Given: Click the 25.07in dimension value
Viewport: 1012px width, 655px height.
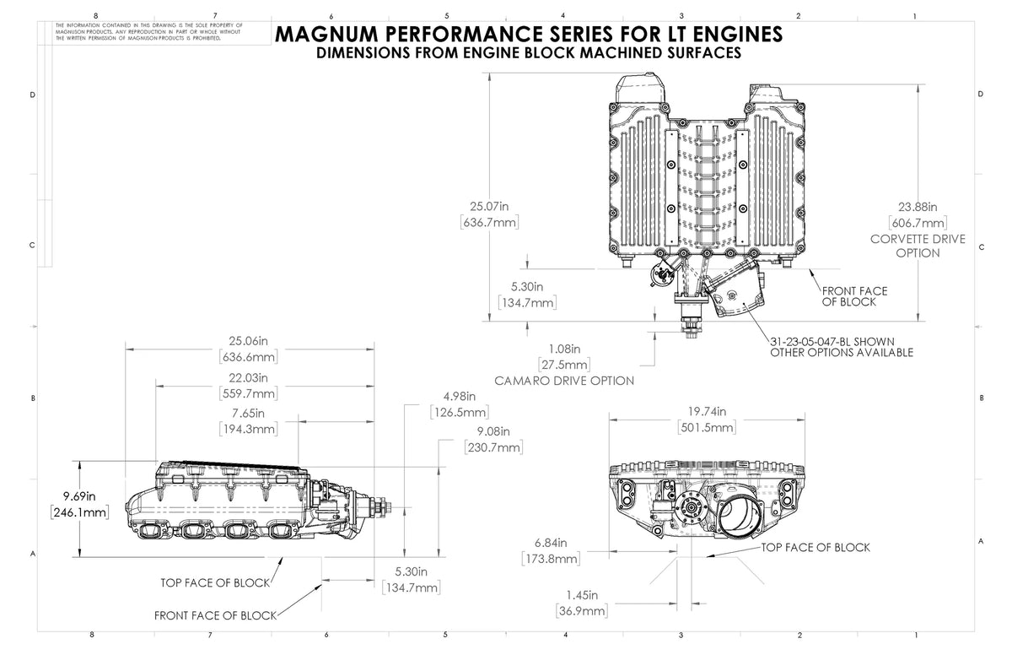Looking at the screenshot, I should pyautogui.click(x=489, y=205).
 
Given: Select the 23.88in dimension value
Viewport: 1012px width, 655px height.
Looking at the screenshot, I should pyautogui.click(x=918, y=205).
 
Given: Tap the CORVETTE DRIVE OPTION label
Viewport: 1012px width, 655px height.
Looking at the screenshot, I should pyautogui.click(x=918, y=246).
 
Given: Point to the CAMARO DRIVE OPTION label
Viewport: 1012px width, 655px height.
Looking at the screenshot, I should pyautogui.click(x=564, y=381).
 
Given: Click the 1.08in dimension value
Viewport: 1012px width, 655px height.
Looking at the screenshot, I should pyautogui.click(x=564, y=349).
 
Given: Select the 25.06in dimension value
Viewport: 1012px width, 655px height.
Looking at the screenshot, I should pyautogui.click(x=250, y=341).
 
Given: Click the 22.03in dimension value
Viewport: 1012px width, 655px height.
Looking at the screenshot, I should pyautogui.click(x=250, y=377).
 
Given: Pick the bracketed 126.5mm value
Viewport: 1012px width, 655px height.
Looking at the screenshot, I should pyautogui.click(x=460, y=413).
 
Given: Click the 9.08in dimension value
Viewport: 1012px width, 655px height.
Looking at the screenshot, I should pyautogui.click(x=494, y=431).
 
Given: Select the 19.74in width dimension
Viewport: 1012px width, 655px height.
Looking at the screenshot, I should pyautogui.click(x=707, y=412).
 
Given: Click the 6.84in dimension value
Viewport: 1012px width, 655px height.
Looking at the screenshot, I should pyautogui.click(x=550, y=542).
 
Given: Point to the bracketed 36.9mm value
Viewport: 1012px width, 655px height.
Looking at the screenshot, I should pyautogui.click(x=582, y=610).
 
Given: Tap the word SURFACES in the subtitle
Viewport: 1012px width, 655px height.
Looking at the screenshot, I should pyautogui.click(x=697, y=52).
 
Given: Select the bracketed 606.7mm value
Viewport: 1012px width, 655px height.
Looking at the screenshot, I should pyautogui.click(x=918, y=222).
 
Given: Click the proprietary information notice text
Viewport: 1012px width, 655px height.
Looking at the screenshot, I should pyautogui.click(x=148, y=32).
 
